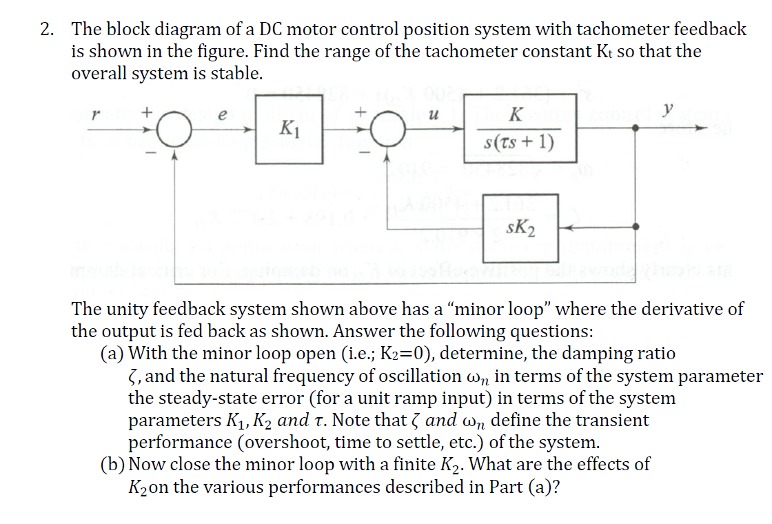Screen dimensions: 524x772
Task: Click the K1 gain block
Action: tap(290, 130)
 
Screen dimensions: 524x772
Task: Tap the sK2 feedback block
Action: tap(520, 225)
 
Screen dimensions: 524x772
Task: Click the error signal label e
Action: tap(222, 117)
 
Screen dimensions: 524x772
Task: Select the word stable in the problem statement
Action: tap(236, 74)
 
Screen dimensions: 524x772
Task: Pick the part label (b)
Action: tap(113, 465)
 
